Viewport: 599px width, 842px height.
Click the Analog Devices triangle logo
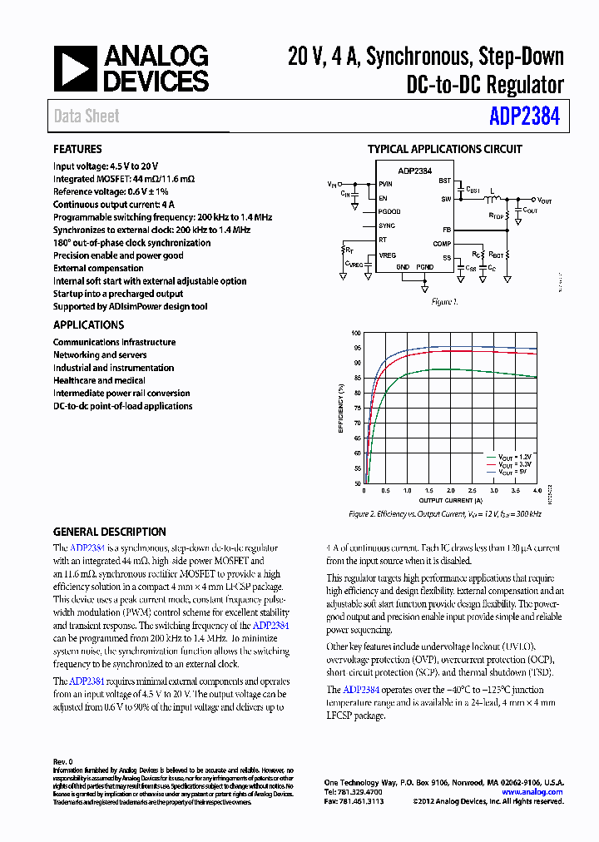(x=76, y=70)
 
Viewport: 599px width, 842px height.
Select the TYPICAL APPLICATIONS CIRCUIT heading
(x=444, y=150)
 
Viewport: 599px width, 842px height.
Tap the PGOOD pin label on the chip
(x=389, y=211)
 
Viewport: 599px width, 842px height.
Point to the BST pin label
(x=445, y=181)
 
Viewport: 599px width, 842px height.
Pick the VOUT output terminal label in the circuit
(x=544, y=201)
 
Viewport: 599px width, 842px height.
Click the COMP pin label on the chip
(x=443, y=244)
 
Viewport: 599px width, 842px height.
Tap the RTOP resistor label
(x=497, y=214)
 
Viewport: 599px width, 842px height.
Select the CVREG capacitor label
(x=355, y=264)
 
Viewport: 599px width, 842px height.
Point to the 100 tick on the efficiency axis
(x=357, y=333)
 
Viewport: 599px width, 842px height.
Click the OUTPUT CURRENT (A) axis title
(x=449, y=500)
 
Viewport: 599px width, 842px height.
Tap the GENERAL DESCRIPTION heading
(x=109, y=532)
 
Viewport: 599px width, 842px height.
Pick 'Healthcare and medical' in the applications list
(x=99, y=380)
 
